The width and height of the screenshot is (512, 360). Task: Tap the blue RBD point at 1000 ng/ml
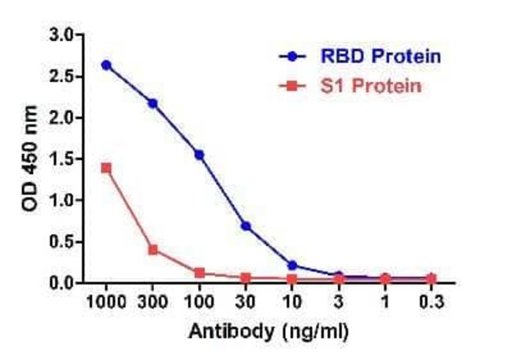pyautogui.click(x=106, y=65)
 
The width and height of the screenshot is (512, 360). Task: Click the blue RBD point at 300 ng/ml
pyautogui.click(x=153, y=103)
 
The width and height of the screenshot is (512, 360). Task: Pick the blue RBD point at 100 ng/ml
pyautogui.click(x=199, y=154)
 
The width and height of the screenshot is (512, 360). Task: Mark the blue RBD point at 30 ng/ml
pyautogui.click(x=246, y=226)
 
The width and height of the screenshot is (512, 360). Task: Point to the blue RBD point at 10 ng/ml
pyautogui.click(x=292, y=265)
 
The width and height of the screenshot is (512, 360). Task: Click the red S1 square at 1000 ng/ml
pyautogui.click(x=106, y=168)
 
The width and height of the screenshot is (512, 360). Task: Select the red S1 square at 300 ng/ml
pyautogui.click(x=153, y=250)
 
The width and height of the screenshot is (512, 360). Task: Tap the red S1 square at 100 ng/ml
pyautogui.click(x=199, y=273)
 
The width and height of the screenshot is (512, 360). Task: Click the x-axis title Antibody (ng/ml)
pyautogui.click(x=268, y=332)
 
